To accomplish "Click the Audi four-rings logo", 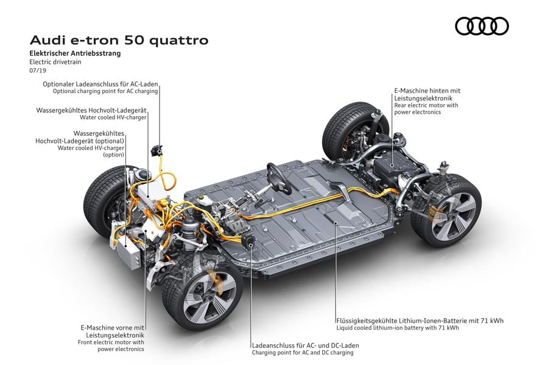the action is tap(482, 26).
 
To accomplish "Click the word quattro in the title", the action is tap(178, 40).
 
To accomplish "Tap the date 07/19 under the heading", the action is tap(38, 70).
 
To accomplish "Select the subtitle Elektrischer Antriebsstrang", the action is tap(75, 54).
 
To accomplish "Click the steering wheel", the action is tap(279, 178).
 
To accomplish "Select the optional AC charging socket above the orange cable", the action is tap(156, 150).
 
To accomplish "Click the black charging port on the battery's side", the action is tap(250, 242).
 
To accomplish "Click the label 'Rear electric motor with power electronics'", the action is tap(426, 109).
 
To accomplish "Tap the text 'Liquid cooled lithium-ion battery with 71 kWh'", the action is tap(398, 328).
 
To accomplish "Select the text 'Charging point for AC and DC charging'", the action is tap(303, 352).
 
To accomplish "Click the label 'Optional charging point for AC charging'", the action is tap(105, 91).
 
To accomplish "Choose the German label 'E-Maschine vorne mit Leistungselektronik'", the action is tap(112, 332).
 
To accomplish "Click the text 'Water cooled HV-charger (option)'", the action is tap(91, 151).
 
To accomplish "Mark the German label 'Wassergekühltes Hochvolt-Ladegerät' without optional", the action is tap(91, 110).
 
